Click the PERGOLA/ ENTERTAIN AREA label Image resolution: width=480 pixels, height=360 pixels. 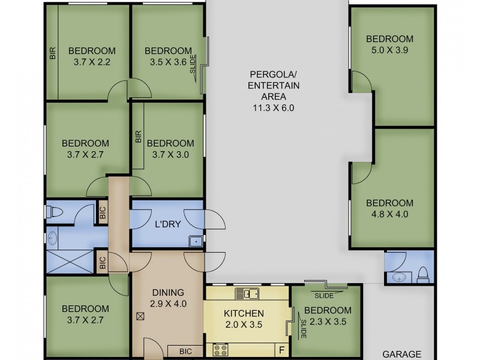tap(274, 85)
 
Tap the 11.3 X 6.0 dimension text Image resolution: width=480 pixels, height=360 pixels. tap(274, 108)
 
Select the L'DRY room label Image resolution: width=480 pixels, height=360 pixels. tap(168, 224)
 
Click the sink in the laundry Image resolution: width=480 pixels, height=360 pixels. tap(196, 241)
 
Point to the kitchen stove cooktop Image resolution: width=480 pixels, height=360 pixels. tap(220, 350)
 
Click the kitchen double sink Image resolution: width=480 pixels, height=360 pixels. tap(247, 294)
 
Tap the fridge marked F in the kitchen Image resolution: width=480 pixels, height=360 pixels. tap(282, 350)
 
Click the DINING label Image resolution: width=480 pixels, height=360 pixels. tap(168, 293)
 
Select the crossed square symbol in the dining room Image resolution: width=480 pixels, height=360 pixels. tap(140, 316)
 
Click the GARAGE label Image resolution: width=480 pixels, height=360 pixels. tap(401, 354)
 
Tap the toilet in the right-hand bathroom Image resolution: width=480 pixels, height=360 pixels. tap(423, 275)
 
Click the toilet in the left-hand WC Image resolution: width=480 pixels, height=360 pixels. tap(55, 212)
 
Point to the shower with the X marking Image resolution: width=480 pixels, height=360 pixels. tap(70, 262)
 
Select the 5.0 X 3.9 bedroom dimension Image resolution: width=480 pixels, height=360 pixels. tap(389, 50)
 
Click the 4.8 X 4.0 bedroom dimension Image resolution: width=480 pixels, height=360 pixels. tap(389, 214)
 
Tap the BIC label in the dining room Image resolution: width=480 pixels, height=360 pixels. tap(185, 352)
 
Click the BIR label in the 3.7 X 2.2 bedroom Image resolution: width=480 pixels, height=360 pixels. tap(53, 53)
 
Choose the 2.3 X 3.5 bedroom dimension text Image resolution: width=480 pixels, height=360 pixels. tap(328, 322)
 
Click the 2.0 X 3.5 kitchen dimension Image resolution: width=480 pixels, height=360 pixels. tap(244, 325)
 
